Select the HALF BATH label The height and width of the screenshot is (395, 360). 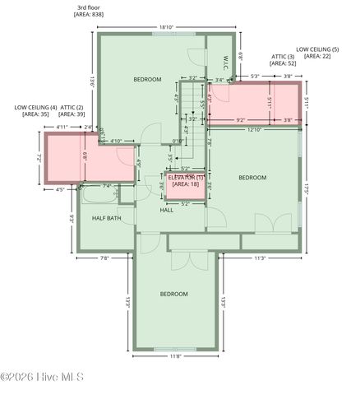coord(108,218)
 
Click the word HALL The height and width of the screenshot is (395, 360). coord(167,210)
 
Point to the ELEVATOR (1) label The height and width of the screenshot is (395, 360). coord(186,177)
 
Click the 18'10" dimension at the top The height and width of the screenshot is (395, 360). coord(166,27)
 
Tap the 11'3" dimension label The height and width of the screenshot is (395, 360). coord(260,258)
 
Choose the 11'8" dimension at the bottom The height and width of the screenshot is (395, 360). coord(175,356)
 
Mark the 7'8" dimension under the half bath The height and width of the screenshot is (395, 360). coord(104,258)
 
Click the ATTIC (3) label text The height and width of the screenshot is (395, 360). coord(283,56)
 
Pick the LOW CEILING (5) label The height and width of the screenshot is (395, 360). coord(317,49)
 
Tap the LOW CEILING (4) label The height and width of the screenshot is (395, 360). coord(35,107)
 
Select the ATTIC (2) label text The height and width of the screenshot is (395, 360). coord(72,107)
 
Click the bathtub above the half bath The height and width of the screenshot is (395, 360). coord(100,193)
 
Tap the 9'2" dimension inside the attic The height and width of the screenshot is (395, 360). coord(240,121)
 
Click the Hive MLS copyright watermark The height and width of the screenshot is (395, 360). coord(43,378)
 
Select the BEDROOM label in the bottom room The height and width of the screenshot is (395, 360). coord(174,294)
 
